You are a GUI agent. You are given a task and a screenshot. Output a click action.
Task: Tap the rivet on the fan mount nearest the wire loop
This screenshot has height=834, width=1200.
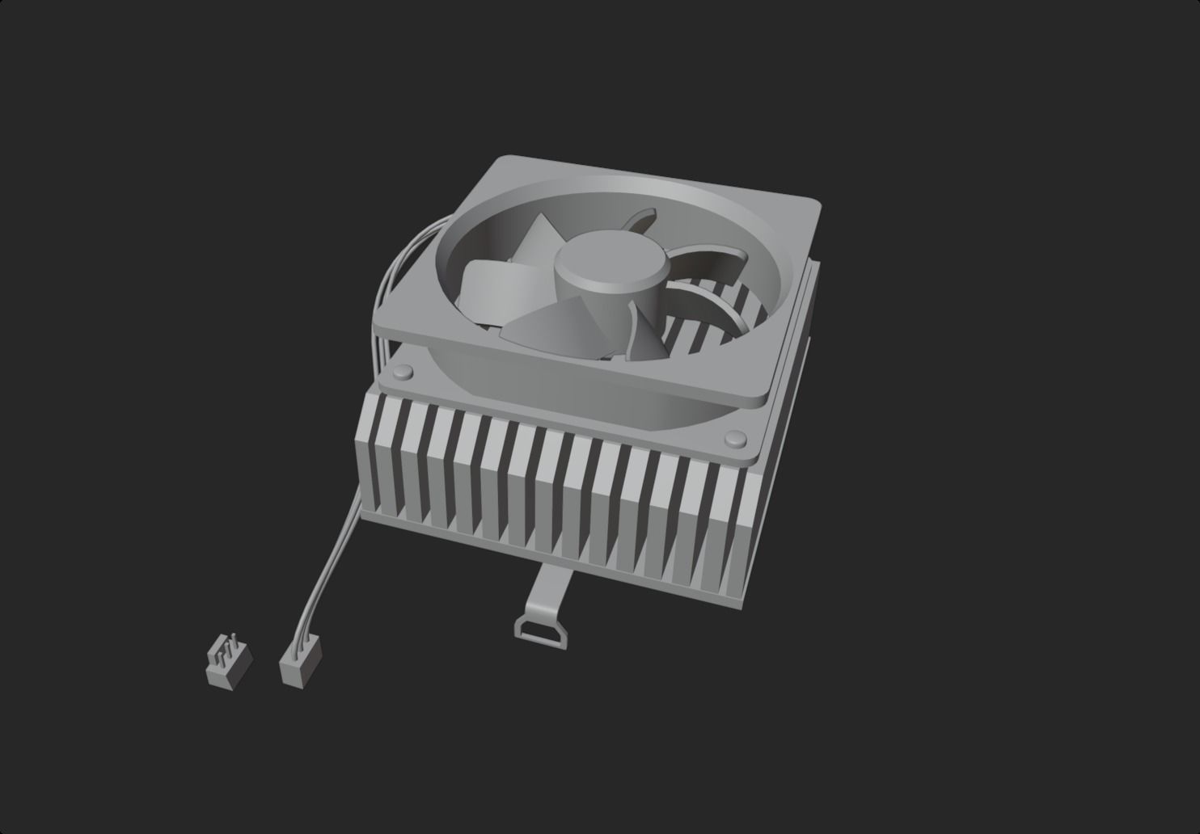(x=401, y=373)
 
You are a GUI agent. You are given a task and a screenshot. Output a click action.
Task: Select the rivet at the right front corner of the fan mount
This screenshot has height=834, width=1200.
(x=735, y=438)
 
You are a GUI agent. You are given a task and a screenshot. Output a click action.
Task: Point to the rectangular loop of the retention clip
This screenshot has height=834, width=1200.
(x=539, y=628)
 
